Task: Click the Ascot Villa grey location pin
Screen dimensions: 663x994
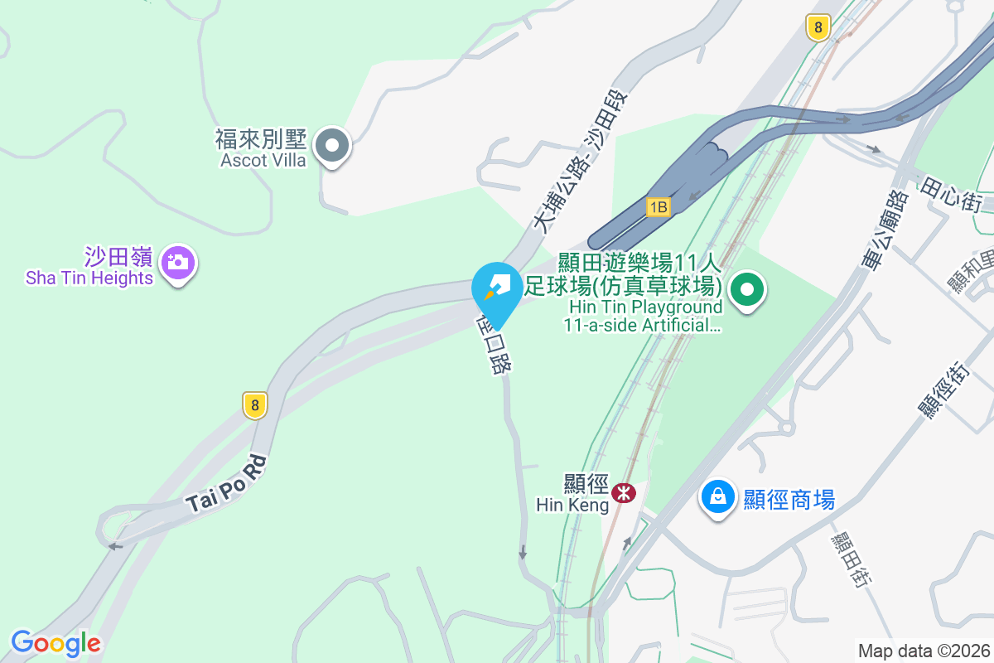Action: pyautogui.click(x=332, y=147)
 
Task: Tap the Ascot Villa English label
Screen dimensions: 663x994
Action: pyautogui.click(x=263, y=160)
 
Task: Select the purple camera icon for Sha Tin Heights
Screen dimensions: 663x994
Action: pyautogui.click(x=176, y=263)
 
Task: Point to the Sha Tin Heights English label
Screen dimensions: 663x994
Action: pyautogui.click(x=89, y=278)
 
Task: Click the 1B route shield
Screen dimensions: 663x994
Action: pyautogui.click(x=659, y=206)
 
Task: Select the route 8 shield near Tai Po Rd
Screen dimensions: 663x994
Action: pyautogui.click(x=255, y=405)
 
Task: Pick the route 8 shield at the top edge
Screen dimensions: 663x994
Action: pyautogui.click(x=818, y=28)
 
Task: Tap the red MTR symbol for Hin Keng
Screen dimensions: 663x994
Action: pyautogui.click(x=623, y=493)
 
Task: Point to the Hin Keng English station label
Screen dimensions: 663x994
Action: pyautogui.click(x=572, y=504)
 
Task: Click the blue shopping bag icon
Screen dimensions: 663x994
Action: pyautogui.click(x=717, y=497)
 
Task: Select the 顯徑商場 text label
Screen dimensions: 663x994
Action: pyautogui.click(x=788, y=500)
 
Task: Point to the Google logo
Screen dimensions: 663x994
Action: pyautogui.click(x=55, y=643)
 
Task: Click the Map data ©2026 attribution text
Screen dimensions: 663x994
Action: pyautogui.click(x=923, y=651)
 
